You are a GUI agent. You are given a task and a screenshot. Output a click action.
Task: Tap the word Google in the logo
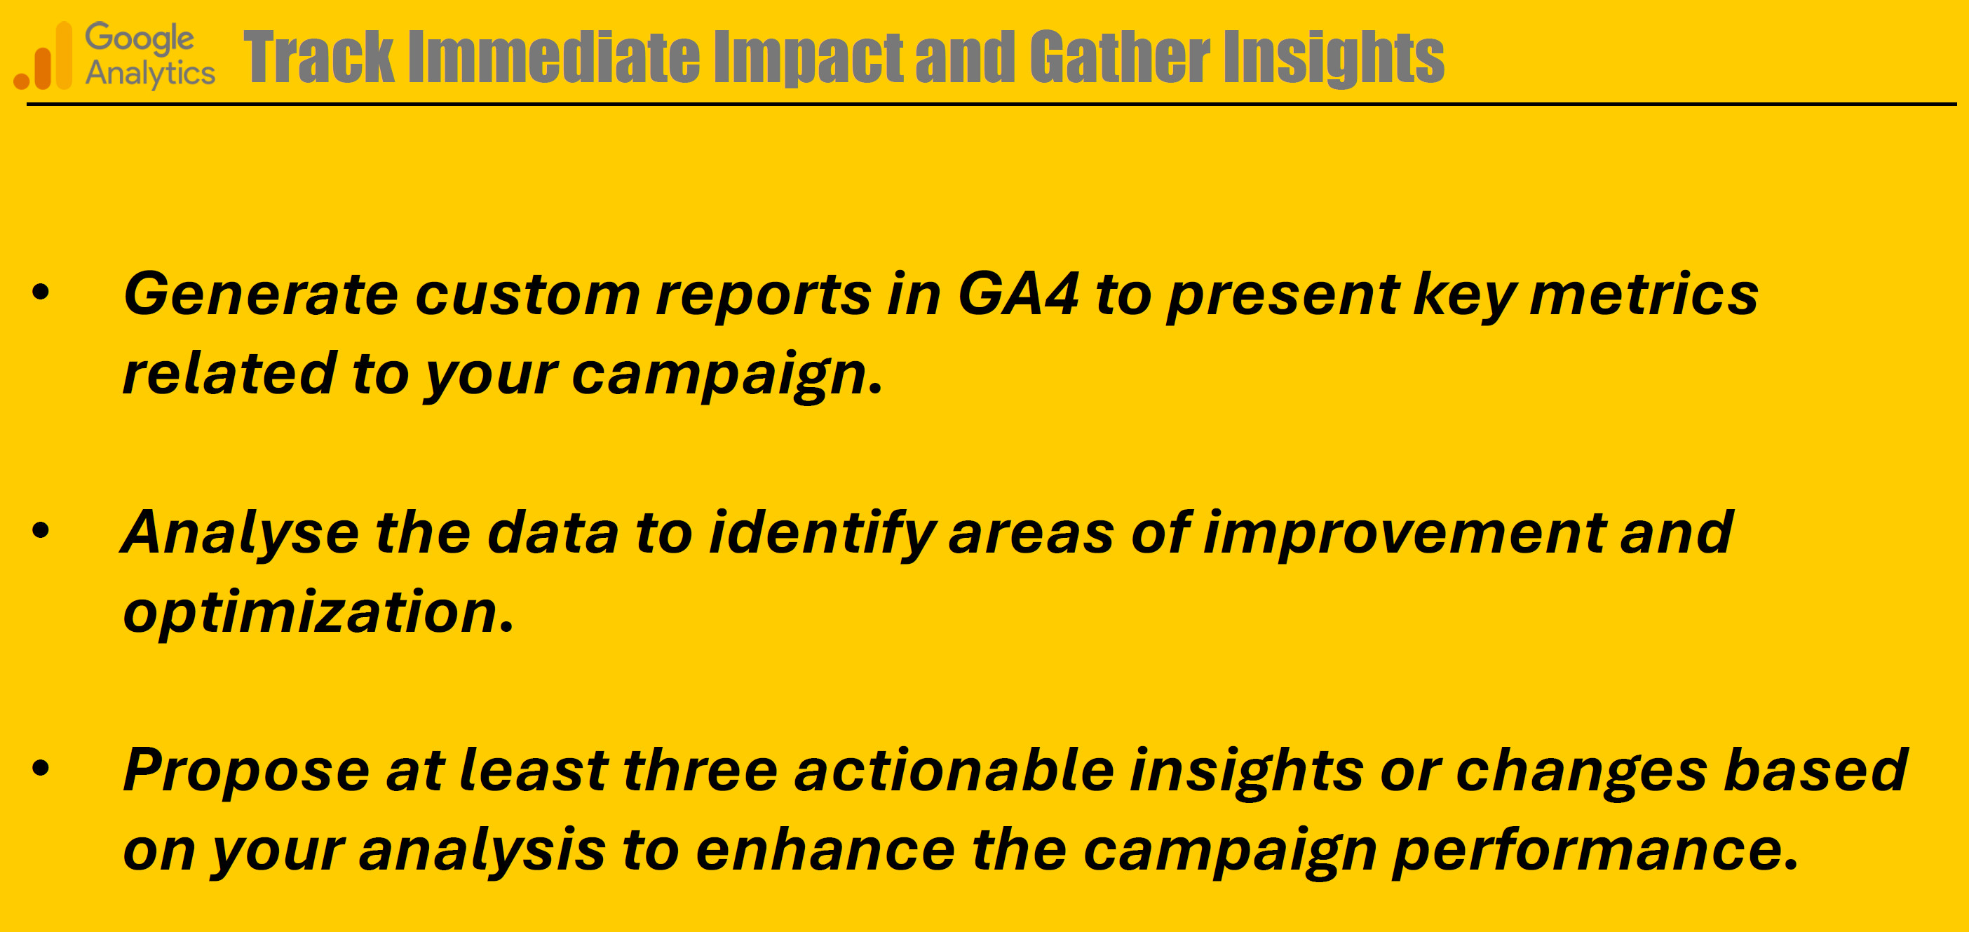140,39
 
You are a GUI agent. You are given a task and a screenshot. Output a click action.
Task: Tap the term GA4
1018,295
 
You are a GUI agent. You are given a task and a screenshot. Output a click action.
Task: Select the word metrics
1644,295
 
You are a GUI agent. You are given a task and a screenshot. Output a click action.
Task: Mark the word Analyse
240,534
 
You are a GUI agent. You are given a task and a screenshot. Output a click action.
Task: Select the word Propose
247,771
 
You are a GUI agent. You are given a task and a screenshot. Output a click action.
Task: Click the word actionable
954,769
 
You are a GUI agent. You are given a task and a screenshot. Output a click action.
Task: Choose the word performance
1595,851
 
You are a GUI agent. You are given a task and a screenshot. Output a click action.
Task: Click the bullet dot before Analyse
41,530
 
